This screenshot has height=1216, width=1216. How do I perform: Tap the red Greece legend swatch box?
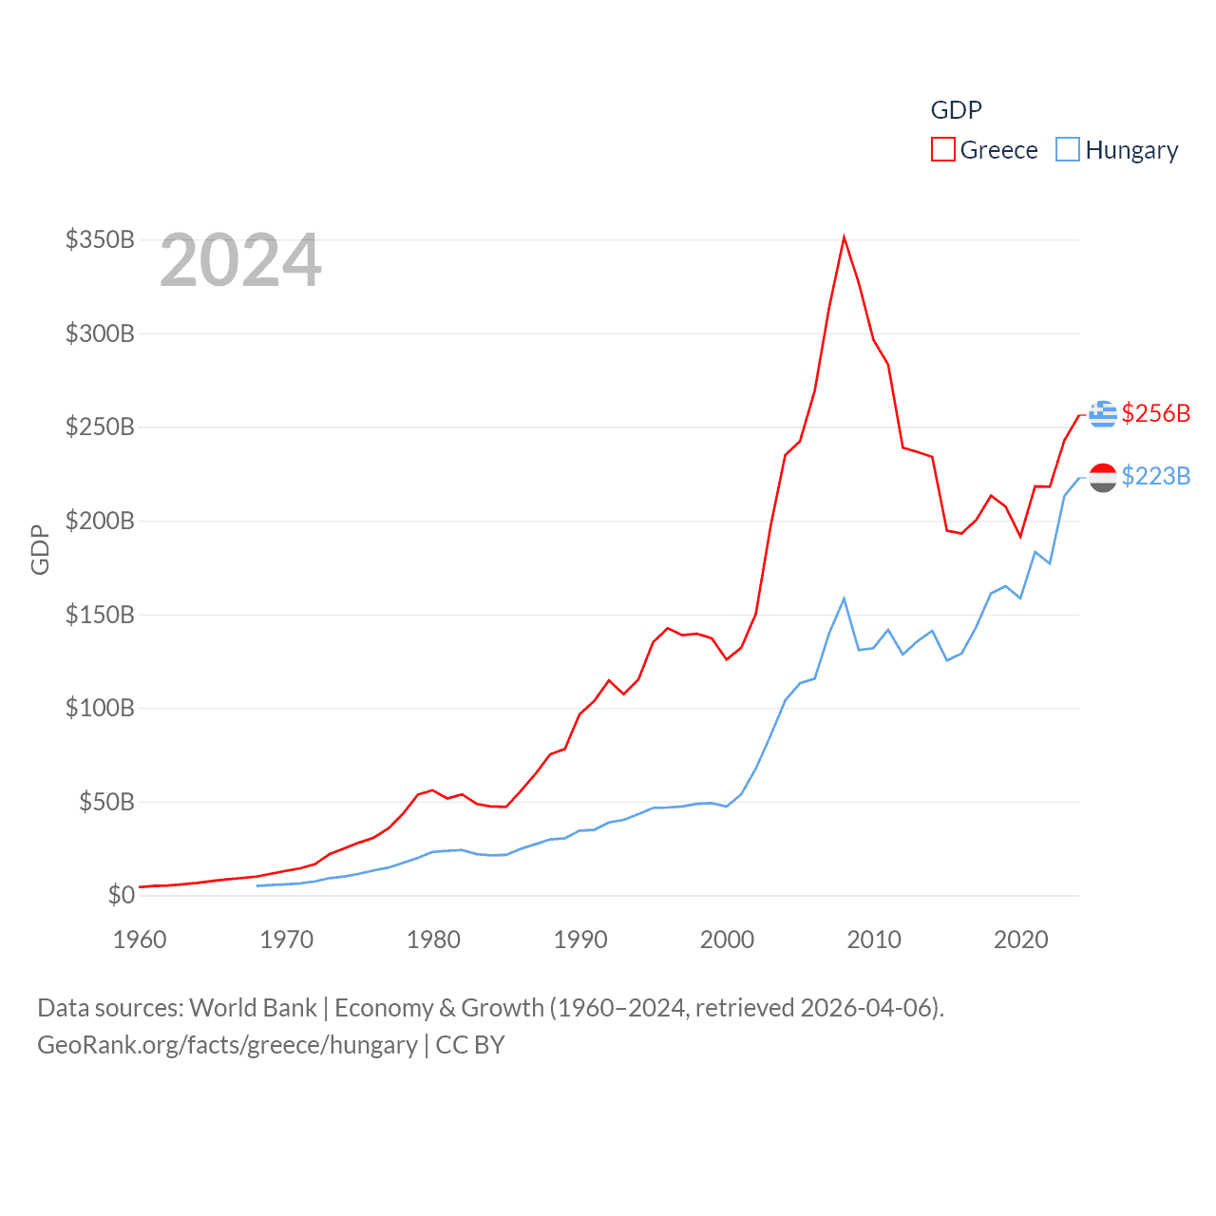coord(942,150)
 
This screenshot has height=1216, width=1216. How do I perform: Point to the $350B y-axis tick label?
coord(100,239)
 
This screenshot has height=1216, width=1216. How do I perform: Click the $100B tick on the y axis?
coord(100,708)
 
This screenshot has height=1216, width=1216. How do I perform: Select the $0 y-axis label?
coord(121,895)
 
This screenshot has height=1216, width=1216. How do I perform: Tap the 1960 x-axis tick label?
coord(140,940)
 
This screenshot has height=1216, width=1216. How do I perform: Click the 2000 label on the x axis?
coord(727,940)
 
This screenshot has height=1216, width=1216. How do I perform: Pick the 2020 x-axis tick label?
coord(1020,940)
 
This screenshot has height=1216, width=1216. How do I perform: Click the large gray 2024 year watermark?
coord(240,260)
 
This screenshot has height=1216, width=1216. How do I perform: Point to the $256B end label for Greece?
coord(1155,413)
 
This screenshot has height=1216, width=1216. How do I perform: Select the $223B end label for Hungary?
coord(1155,476)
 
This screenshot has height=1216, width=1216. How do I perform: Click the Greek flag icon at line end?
coord(1102,414)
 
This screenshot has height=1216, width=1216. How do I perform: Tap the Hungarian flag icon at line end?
coord(1102,477)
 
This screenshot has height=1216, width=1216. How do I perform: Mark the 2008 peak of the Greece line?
coord(844,237)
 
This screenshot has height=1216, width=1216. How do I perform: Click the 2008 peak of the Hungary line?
coord(844,598)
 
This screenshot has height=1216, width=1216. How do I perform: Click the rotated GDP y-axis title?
coord(40,549)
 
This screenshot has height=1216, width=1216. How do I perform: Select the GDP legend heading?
coord(956,110)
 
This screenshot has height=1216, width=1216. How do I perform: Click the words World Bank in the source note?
coord(253,1007)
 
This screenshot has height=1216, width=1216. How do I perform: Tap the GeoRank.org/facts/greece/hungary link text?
coord(227,1045)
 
